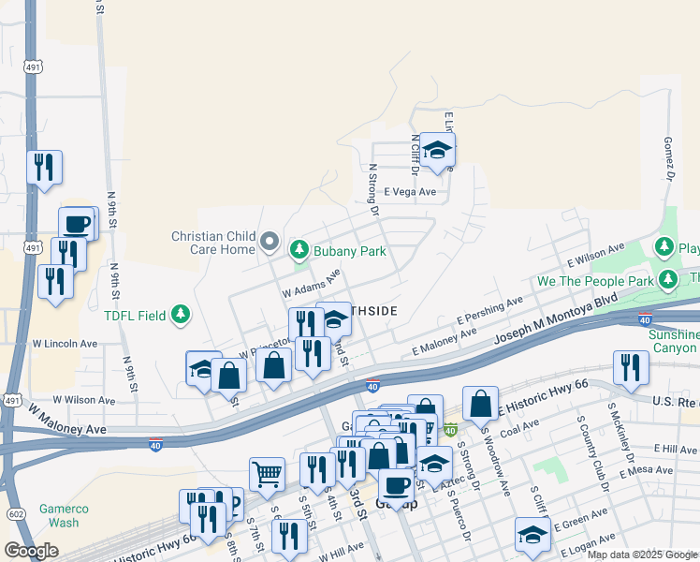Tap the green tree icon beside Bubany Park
click(299, 249)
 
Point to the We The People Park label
click(595, 281)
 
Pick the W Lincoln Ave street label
click(64, 344)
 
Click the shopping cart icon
click(268, 473)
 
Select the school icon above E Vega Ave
click(436, 150)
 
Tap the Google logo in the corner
click(31, 551)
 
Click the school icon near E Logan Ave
click(532, 536)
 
